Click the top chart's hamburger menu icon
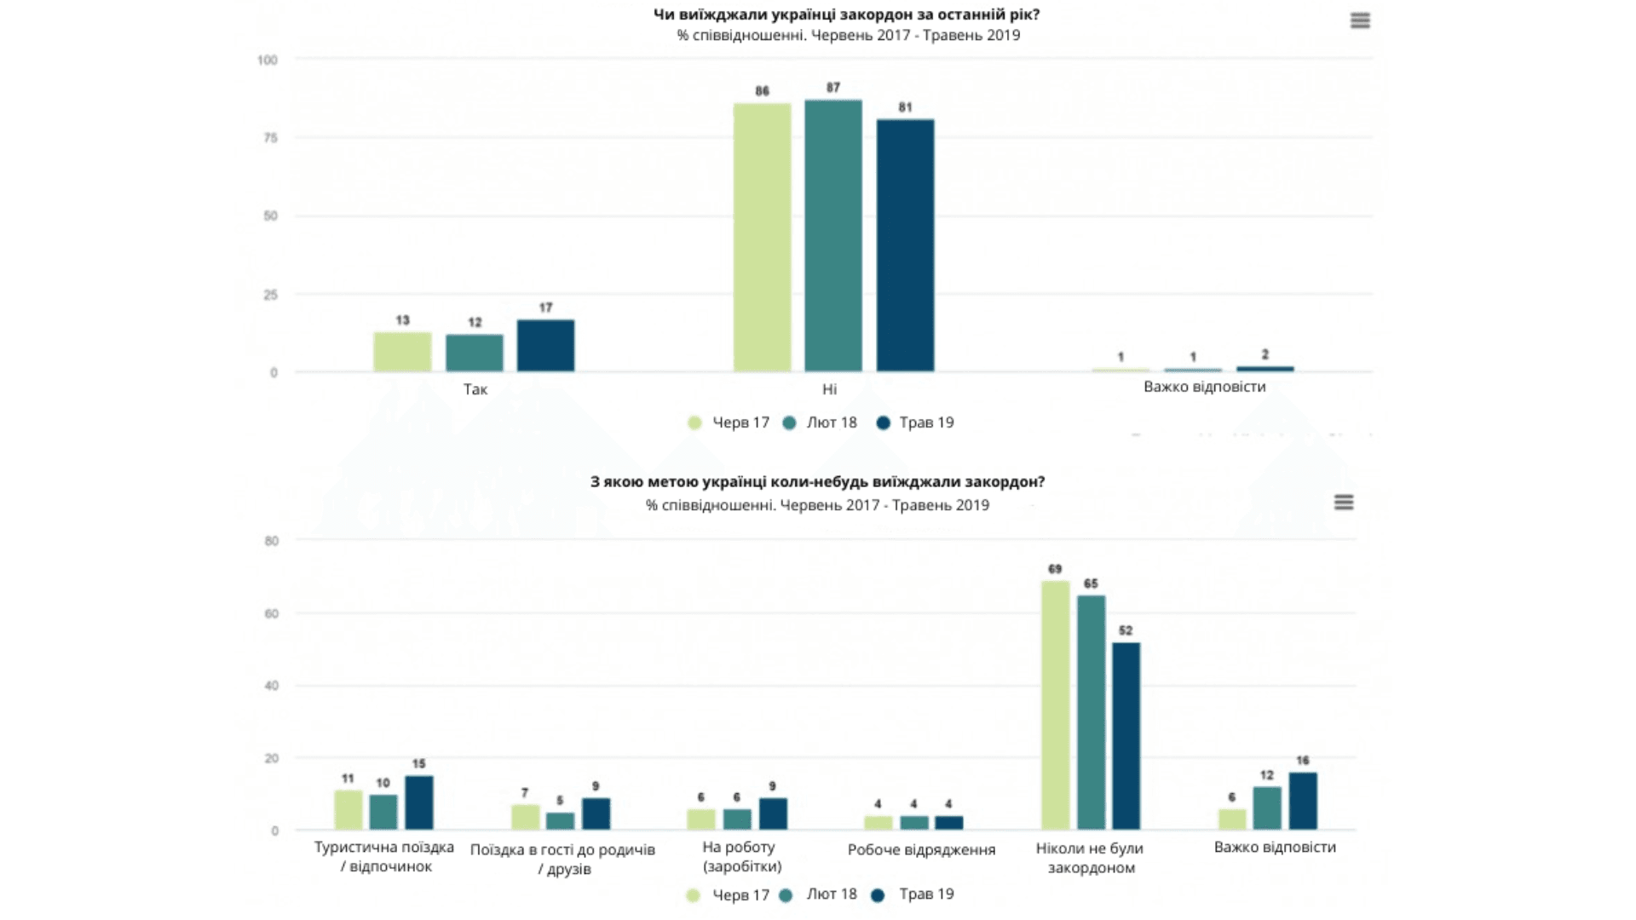click(x=1360, y=20)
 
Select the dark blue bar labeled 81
click(x=905, y=245)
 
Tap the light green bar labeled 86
click(x=762, y=237)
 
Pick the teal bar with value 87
click(x=833, y=235)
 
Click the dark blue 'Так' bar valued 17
click(x=545, y=345)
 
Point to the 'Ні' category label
click(x=829, y=389)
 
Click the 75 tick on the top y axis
click(x=270, y=138)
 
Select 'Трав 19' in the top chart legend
click(x=916, y=423)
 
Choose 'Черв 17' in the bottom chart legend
click(x=729, y=895)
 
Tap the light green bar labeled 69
click(x=1055, y=705)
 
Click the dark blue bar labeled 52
click(x=1126, y=736)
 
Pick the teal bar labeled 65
click(x=1091, y=712)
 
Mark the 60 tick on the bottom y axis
click(x=271, y=613)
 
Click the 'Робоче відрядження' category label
click(x=921, y=850)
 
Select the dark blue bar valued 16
click(x=1303, y=801)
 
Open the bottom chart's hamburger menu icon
click(x=1344, y=503)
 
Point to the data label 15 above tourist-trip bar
click(x=418, y=764)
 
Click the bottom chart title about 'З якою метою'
click(x=817, y=482)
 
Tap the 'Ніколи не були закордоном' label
click(x=1090, y=858)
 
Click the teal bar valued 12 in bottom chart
click(x=1267, y=808)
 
